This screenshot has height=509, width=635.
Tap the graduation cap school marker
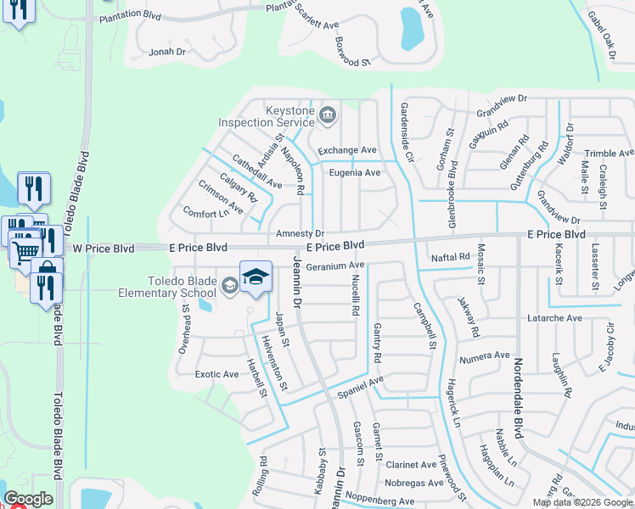(x=256, y=277)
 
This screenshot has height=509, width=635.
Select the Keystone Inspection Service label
(x=267, y=116)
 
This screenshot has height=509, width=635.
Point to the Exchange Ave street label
(x=346, y=150)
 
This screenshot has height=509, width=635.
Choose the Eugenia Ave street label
(x=354, y=172)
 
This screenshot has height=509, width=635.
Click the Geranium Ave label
(x=334, y=266)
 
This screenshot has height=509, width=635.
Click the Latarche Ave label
(x=555, y=318)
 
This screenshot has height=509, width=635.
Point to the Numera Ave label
(x=484, y=356)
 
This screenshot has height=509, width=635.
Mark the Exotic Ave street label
(x=216, y=374)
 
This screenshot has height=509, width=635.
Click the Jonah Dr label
(x=166, y=52)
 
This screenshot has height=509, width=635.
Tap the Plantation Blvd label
(x=130, y=15)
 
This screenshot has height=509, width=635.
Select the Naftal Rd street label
(x=450, y=257)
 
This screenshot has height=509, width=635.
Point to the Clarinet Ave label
(x=410, y=465)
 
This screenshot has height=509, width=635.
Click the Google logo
(x=28, y=499)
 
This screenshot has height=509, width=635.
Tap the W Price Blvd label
(x=104, y=249)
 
